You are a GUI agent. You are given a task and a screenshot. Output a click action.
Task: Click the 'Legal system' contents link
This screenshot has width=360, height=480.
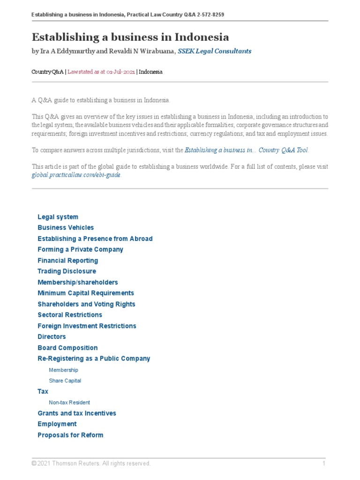click(x=58, y=217)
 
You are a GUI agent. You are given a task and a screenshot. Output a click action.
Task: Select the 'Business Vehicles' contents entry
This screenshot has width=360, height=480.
click(x=66, y=228)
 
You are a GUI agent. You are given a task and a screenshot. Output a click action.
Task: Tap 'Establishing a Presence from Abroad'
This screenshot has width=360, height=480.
click(x=95, y=239)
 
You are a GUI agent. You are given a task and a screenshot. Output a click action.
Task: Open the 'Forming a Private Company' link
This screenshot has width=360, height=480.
click(x=80, y=249)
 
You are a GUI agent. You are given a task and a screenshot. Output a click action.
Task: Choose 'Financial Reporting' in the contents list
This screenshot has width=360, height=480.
click(x=67, y=261)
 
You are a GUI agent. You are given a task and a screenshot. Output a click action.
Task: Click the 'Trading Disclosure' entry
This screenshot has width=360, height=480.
click(x=67, y=271)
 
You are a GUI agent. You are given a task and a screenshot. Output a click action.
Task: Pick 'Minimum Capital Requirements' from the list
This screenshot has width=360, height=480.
click(x=85, y=293)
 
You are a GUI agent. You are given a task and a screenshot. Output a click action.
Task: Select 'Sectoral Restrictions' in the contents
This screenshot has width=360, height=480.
click(x=69, y=315)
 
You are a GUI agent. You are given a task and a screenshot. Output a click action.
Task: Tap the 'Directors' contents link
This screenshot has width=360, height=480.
click(x=52, y=337)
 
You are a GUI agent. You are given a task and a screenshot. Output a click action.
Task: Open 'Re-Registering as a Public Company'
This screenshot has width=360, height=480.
click(x=94, y=359)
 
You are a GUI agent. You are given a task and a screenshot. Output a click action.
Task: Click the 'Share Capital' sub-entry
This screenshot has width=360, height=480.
click(x=65, y=381)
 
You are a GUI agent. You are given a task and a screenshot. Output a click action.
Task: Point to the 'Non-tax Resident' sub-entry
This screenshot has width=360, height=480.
click(x=69, y=402)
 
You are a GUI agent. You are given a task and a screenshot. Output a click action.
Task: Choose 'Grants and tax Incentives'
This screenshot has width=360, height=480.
click(x=76, y=413)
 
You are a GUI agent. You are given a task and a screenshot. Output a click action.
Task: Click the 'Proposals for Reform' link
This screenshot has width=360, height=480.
click(x=70, y=435)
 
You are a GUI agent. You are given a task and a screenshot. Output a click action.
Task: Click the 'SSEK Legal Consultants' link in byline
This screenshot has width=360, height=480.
click(x=215, y=51)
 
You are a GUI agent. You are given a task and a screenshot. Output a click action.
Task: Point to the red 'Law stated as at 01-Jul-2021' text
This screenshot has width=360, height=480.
click(x=101, y=72)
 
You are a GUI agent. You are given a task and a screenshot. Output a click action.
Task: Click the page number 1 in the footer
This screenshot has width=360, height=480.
click(x=323, y=464)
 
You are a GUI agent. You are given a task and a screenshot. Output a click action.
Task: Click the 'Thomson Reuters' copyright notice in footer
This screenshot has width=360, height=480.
click(x=91, y=464)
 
